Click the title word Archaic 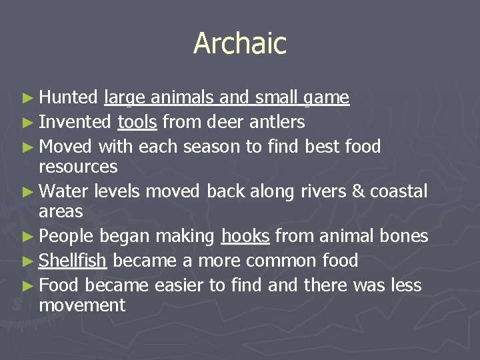(x=240, y=44)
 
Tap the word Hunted (x=69, y=98)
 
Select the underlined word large (x=125, y=99)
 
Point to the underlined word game (x=326, y=99)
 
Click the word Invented (x=75, y=122)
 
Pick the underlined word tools (x=137, y=122)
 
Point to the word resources (x=78, y=166)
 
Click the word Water (x=64, y=191)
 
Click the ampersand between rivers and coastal (x=358, y=191)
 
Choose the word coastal (x=399, y=191)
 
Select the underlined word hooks (x=245, y=236)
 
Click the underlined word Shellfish (x=73, y=260)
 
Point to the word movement (x=82, y=305)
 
